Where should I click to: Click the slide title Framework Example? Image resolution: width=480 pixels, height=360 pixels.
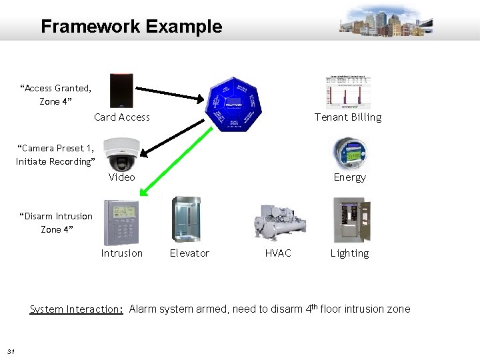131,27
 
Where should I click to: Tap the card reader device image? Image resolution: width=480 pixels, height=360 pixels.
122,90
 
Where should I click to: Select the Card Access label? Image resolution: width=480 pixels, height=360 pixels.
122,117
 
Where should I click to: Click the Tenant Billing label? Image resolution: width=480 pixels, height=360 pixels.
348,117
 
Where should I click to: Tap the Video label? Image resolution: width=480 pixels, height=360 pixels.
122,177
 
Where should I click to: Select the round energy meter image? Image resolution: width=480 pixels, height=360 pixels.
349,153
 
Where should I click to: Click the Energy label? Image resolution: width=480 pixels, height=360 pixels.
349,177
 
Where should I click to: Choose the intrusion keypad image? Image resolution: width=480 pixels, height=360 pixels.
121,223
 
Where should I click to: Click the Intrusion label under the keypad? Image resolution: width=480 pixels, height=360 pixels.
121,253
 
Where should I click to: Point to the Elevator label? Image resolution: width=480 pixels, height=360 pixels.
189,253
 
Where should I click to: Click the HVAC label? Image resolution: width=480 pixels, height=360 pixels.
278,253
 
